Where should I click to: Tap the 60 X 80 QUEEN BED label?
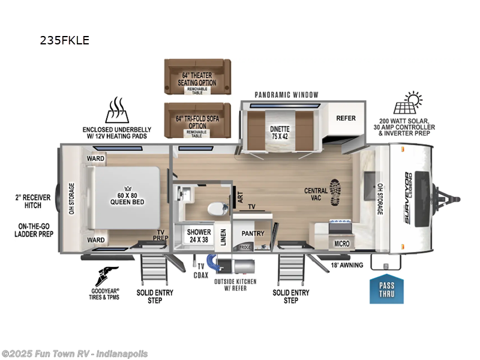coord(125,197)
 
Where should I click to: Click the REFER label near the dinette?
coord(346,118)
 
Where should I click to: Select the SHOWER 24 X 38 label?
coord(198,235)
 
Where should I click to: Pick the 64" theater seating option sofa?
coord(197,76)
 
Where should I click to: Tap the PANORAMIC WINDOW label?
coord(286,95)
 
